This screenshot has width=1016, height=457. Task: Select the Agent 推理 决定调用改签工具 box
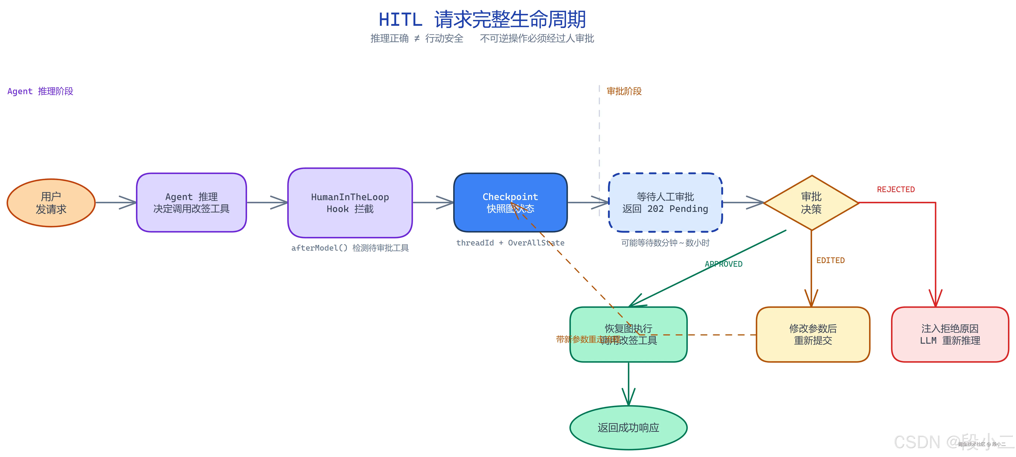pos(191,203)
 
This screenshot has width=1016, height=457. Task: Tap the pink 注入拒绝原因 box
pos(950,334)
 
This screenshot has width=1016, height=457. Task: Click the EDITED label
pos(830,260)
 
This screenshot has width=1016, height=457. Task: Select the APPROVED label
pos(723,264)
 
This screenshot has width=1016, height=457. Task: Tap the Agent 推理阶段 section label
pos(40,91)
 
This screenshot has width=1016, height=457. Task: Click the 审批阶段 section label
pos(624,91)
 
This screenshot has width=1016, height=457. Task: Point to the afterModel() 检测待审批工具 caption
pos(350,248)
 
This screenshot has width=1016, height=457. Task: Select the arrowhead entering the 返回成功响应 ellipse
pos(628,398)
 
